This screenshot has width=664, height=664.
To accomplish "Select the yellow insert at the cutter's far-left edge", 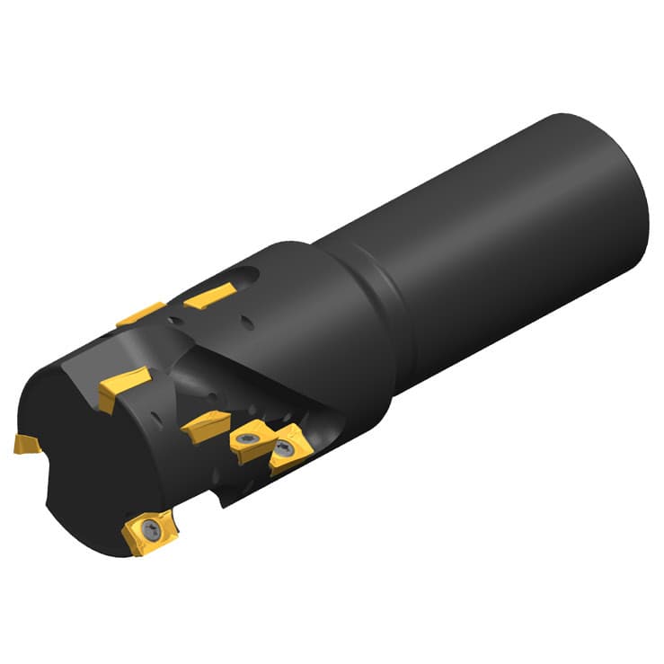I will coord(25,443).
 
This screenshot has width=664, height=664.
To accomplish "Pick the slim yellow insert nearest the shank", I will coord(209,295).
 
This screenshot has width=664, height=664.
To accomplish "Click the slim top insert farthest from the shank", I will coord(140,314).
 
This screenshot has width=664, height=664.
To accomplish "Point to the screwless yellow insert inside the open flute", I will coord(206,422).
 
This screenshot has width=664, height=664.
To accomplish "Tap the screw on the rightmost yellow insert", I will coord(287,448).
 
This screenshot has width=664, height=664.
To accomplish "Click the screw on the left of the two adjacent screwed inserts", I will coord(245,439).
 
